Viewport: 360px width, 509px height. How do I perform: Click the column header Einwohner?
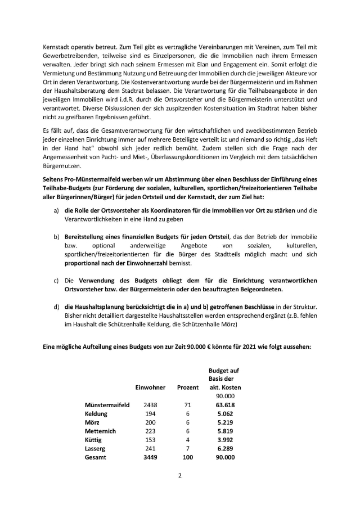click(150, 388)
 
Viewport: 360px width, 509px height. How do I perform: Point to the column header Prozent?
click(187, 388)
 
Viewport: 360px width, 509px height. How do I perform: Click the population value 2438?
click(150, 404)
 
